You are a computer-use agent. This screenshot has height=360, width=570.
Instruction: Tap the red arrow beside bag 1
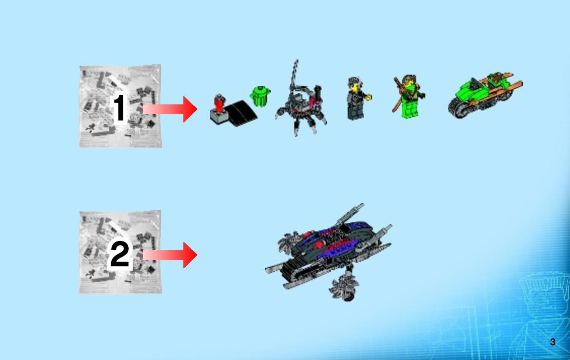click(170, 109)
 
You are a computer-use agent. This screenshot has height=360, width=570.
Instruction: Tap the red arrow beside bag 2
click(170, 255)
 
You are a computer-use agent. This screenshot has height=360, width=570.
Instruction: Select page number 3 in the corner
click(552, 342)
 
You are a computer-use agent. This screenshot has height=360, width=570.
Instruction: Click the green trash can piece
click(260, 96)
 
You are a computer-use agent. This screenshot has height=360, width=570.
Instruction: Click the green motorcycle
click(485, 95)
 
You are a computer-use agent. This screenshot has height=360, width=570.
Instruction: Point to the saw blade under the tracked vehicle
click(344, 288)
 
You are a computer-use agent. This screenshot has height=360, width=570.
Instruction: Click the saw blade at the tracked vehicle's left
click(290, 242)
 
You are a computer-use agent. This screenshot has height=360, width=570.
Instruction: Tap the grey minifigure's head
click(354, 84)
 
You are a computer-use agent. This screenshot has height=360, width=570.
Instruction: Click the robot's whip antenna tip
click(297, 60)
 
